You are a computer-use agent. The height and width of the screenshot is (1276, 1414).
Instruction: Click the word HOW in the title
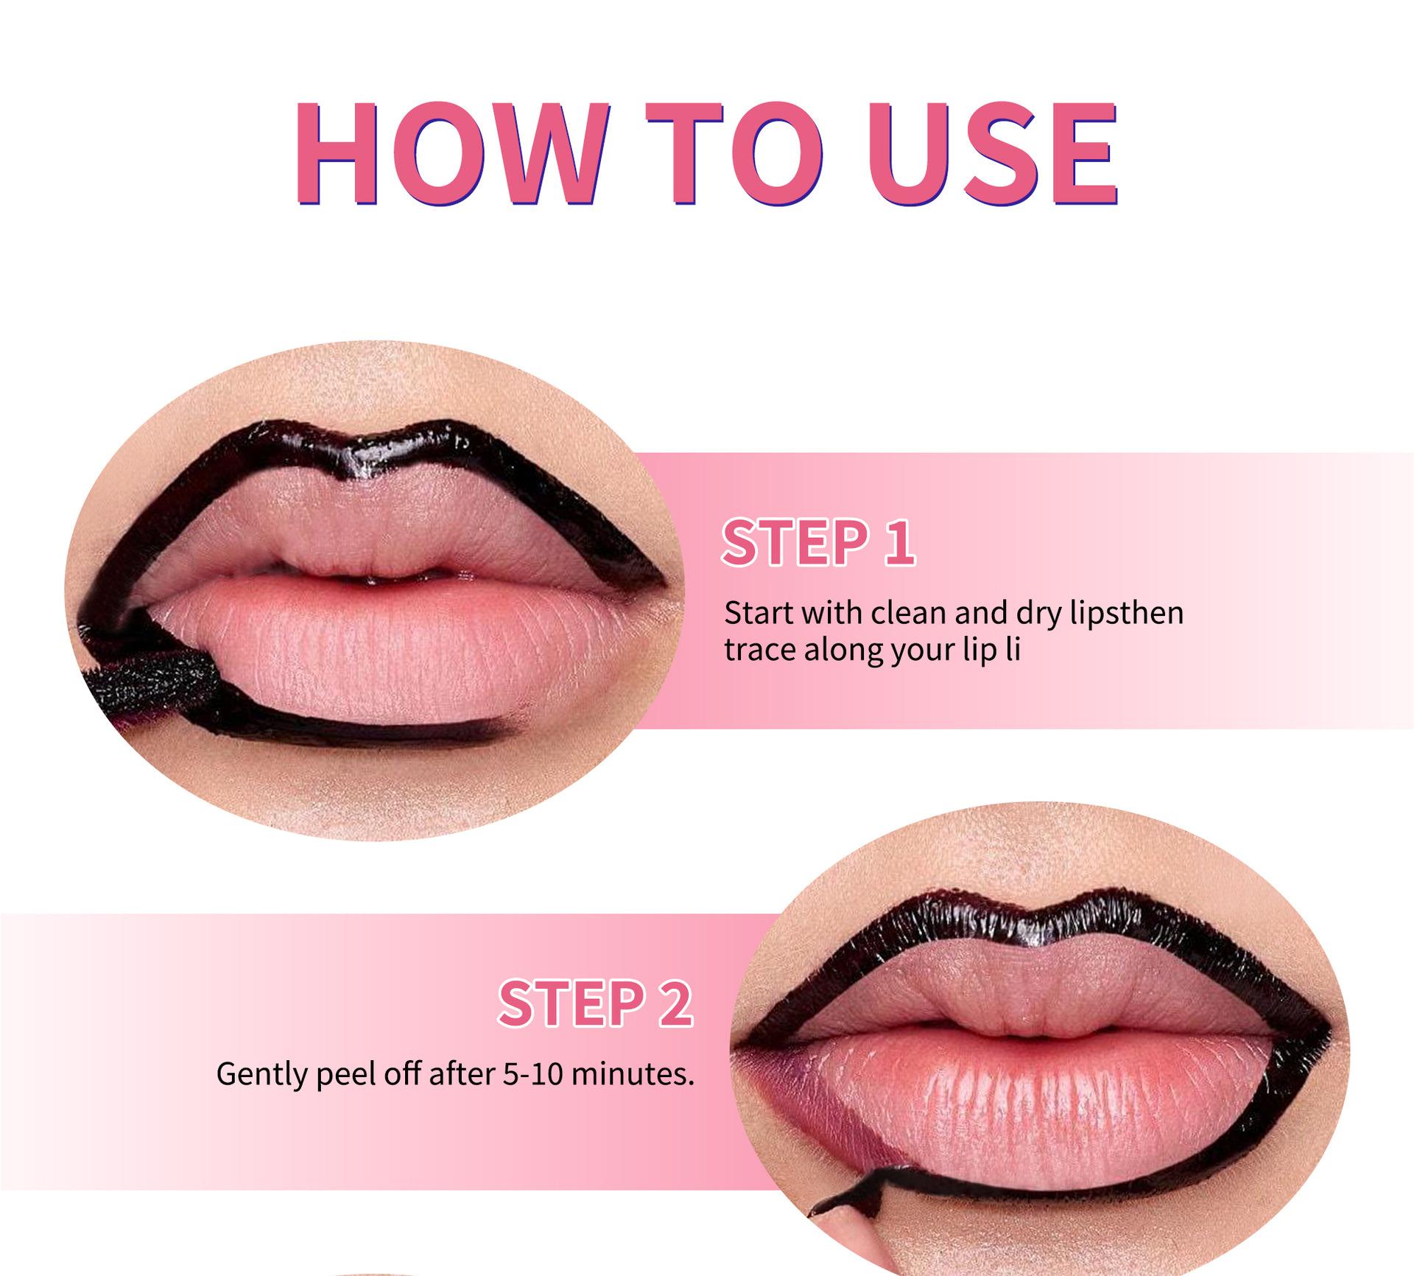pyautogui.click(x=451, y=153)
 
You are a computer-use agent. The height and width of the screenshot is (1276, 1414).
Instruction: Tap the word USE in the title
pyautogui.click(x=997, y=153)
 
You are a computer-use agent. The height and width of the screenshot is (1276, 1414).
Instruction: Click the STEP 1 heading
pyautogui.click(x=818, y=543)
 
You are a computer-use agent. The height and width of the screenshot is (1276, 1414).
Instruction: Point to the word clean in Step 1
pyautogui.click(x=903, y=613)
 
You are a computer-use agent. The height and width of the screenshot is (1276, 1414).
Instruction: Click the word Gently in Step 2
pyautogui.click(x=262, y=1074)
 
